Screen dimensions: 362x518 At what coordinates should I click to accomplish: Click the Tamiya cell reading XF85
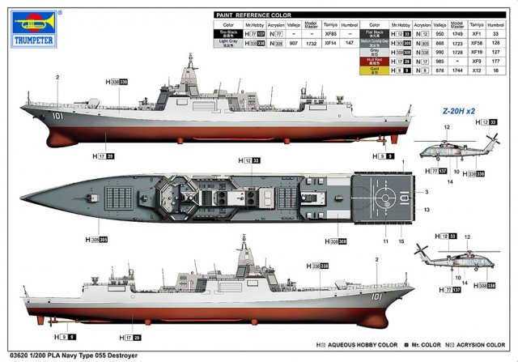pyautogui.click(x=330, y=36)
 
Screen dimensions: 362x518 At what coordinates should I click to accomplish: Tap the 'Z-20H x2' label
pyautogui.click(x=459, y=111)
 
